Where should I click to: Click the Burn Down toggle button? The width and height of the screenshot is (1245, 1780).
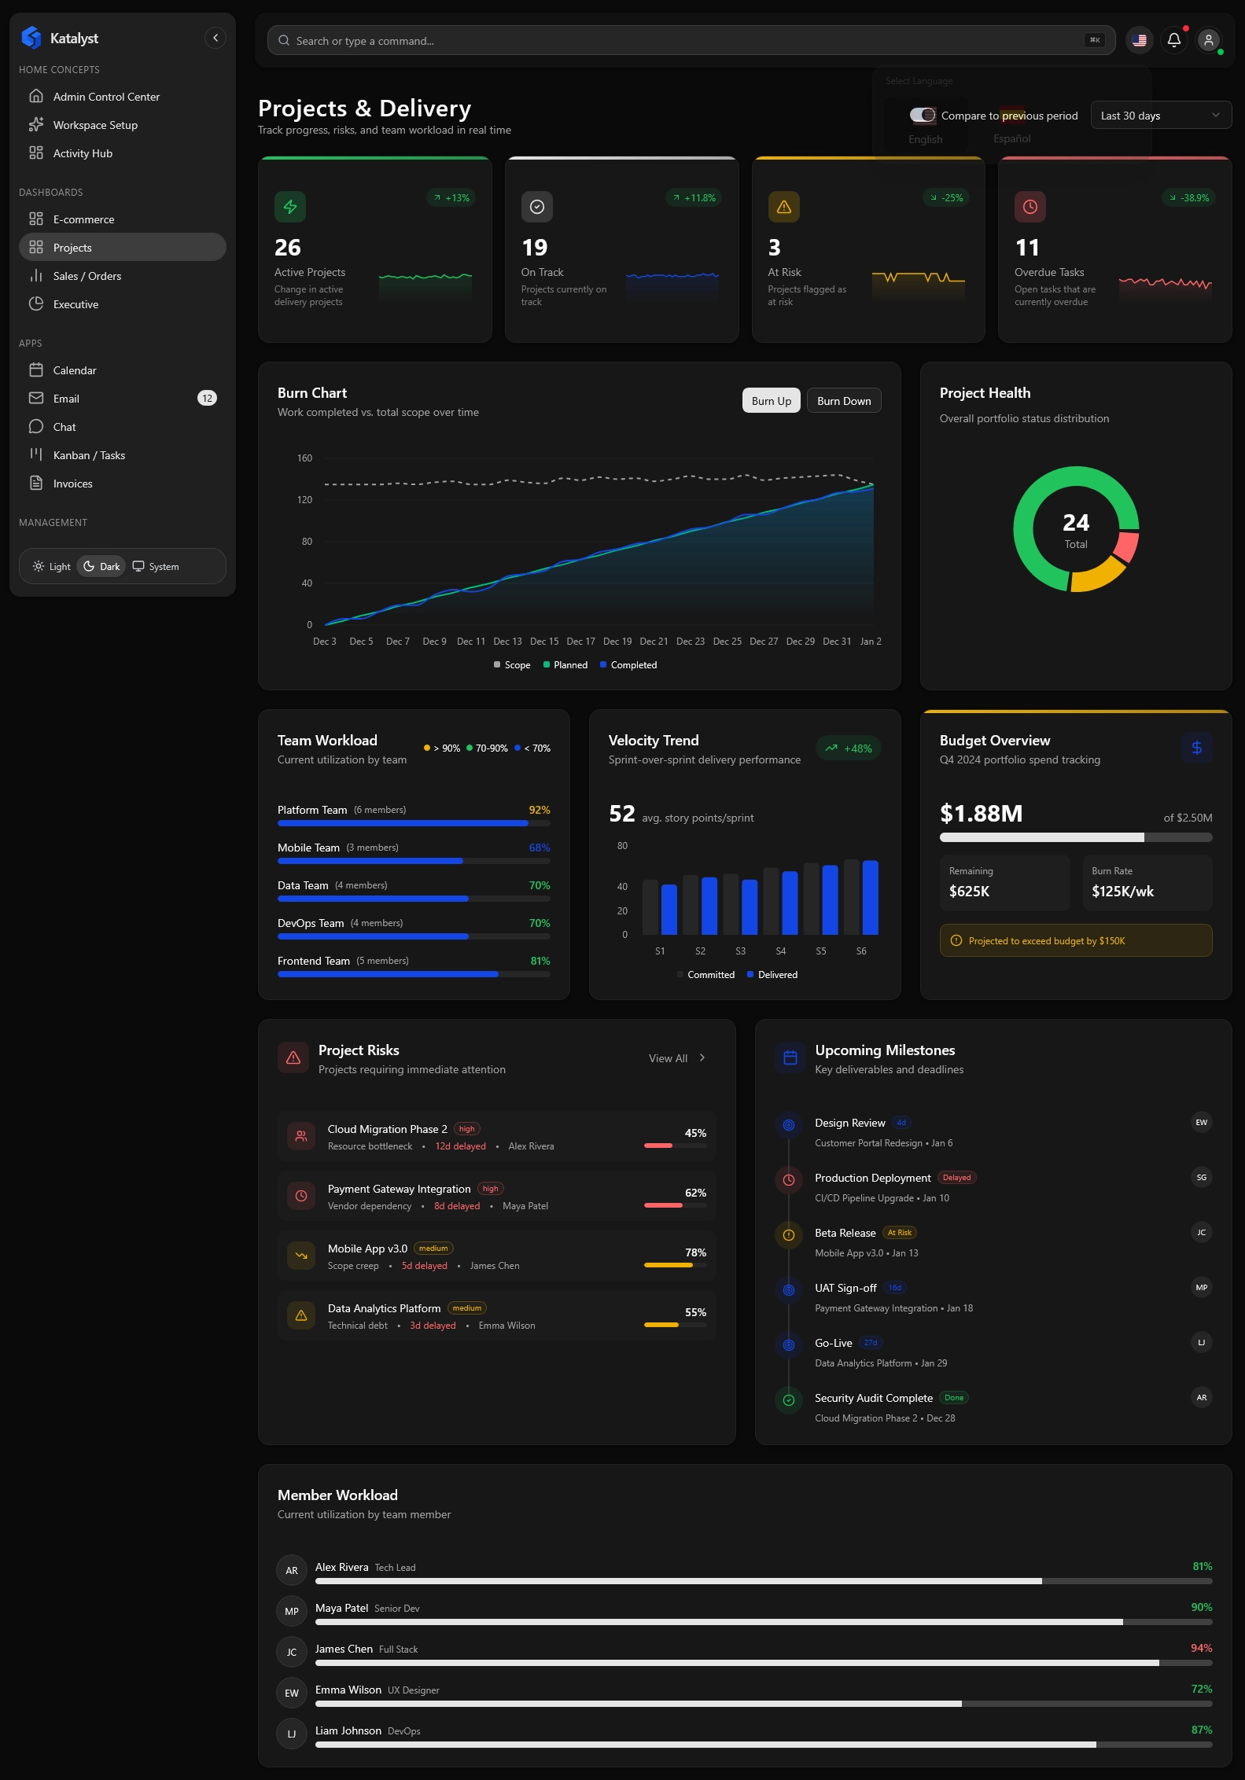(844, 401)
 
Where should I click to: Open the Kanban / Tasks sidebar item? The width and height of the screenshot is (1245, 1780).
(89, 455)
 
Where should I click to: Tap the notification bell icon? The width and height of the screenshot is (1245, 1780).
(1173, 39)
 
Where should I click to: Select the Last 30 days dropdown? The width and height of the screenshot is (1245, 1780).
(1160, 116)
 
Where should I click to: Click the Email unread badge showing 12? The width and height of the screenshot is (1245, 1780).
(207, 399)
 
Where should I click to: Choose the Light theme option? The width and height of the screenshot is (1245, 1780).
(52, 567)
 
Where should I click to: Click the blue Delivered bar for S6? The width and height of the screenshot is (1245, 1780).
(870, 897)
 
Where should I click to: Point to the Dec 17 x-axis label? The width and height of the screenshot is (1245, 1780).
(580, 642)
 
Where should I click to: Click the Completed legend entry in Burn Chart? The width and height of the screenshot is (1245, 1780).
(628, 665)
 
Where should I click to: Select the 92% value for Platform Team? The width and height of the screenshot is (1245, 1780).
(540, 810)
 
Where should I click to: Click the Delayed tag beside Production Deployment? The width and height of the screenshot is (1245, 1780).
(956, 1178)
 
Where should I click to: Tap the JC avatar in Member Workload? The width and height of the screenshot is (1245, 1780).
(292, 1653)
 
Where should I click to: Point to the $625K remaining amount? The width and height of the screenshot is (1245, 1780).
(970, 892)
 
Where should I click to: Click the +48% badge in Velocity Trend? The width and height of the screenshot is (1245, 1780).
(849, 748)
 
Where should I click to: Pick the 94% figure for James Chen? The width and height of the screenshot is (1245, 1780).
(1201, 1648)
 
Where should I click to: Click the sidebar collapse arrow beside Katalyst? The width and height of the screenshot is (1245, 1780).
(215, 38)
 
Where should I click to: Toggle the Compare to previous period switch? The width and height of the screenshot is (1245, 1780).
(923, 116)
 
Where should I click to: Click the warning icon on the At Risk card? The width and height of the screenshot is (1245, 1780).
(784, 207)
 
